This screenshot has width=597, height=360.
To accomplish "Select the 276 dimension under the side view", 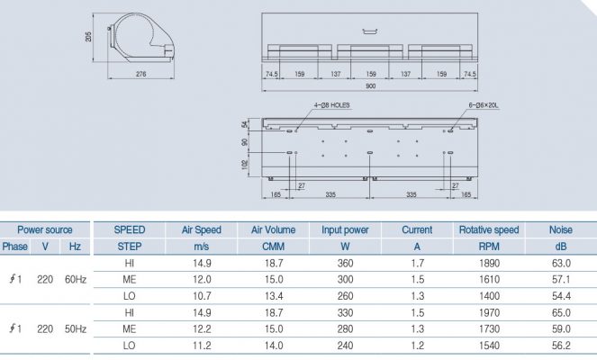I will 141,74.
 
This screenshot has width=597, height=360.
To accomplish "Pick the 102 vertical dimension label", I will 245,165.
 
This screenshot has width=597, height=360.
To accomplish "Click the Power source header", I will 45,229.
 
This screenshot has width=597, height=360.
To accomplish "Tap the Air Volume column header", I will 274,229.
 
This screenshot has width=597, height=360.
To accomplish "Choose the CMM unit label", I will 274,246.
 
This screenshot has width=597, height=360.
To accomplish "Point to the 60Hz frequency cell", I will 76,279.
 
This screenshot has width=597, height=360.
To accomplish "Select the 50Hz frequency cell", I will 76,329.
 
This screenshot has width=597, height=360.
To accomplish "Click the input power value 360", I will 345,263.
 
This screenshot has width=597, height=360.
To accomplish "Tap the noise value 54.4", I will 561,296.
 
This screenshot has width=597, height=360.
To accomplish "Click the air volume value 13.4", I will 274,296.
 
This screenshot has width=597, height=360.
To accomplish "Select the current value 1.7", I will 417,263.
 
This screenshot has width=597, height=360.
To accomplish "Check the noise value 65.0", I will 561,312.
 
